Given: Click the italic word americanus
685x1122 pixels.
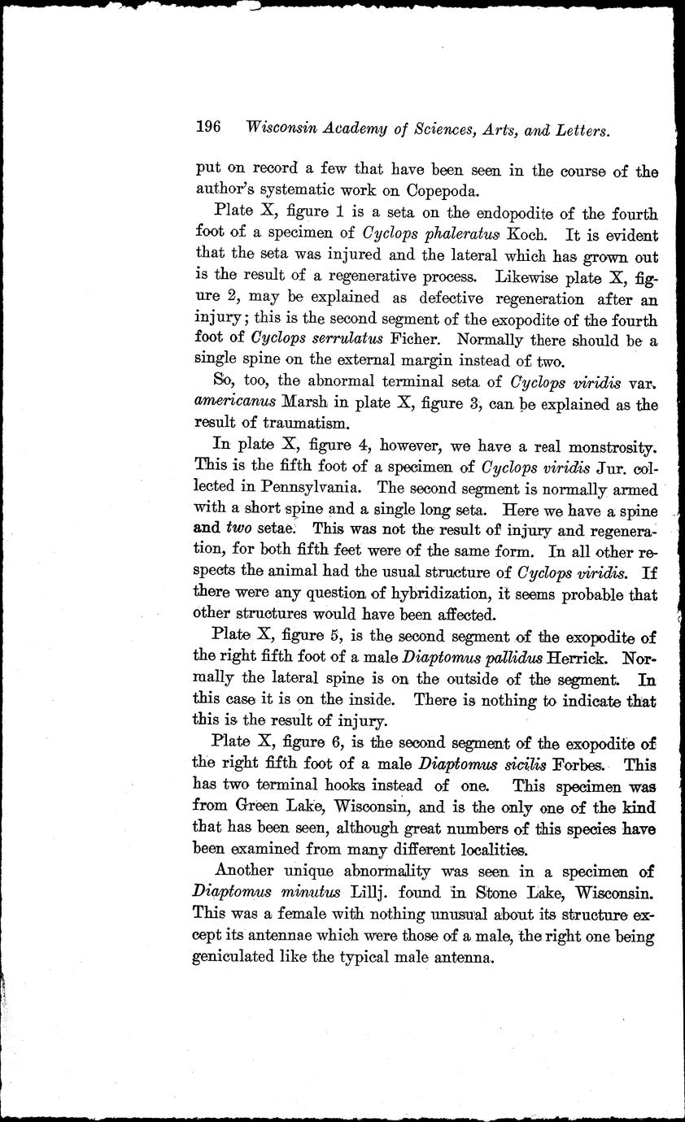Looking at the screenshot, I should pos(233,402).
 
